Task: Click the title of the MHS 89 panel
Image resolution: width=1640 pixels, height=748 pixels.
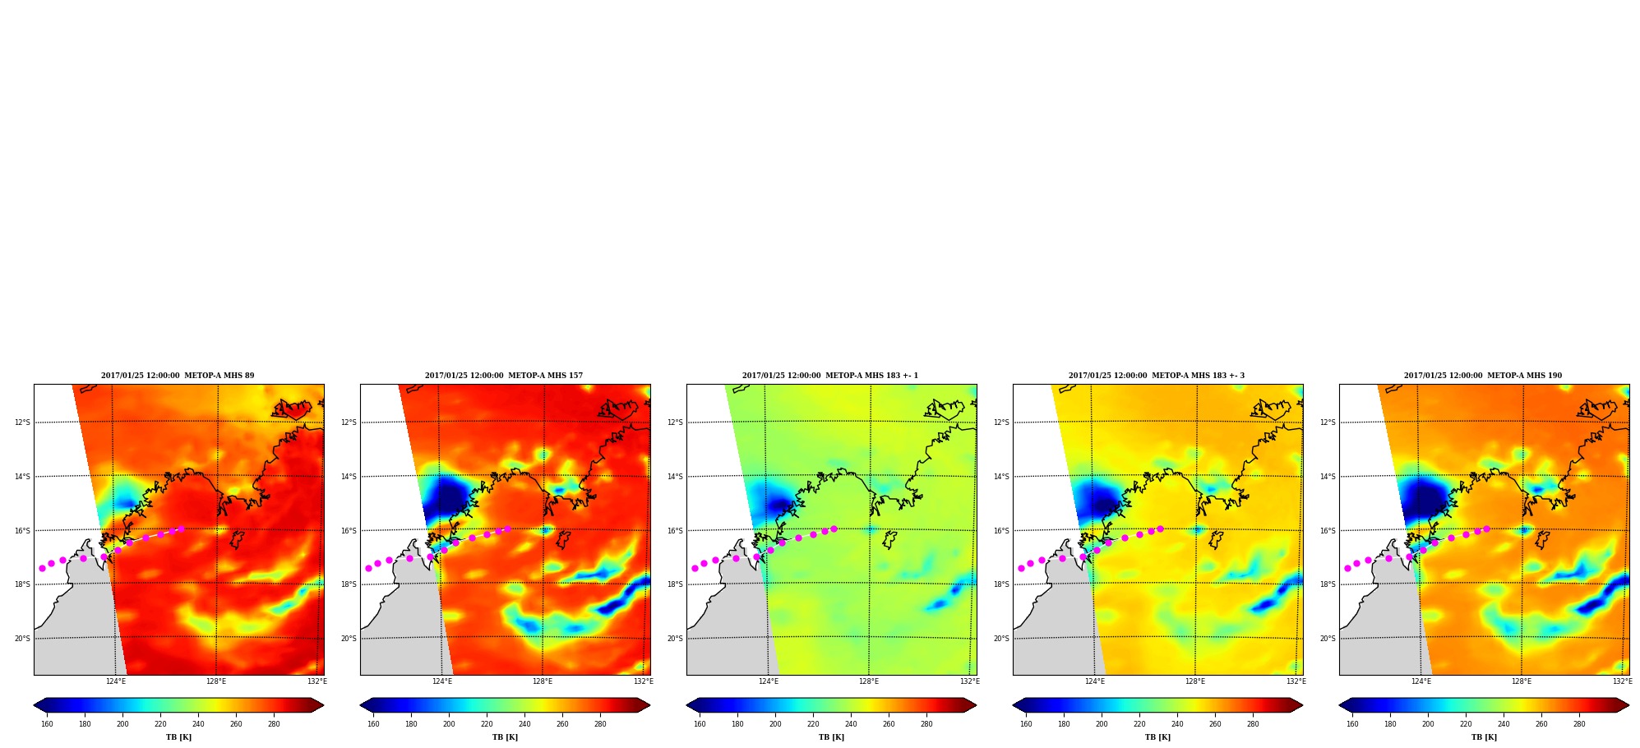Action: [x=178, y=376]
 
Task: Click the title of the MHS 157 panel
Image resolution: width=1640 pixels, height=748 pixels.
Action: [x=504, y=376]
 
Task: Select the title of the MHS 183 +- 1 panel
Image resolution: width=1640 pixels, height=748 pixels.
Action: [x=830, y=376]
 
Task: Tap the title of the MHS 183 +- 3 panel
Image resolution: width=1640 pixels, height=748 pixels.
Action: [x=1157, y=376]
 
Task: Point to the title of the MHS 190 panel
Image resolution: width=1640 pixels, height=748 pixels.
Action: [x=1483, y=376]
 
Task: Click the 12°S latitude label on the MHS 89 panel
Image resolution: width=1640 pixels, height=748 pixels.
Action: [x=22, y=422]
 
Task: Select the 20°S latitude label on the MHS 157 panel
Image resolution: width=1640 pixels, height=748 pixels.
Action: [x=349, y=639]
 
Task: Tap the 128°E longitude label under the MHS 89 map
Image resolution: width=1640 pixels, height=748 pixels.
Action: [x=216, y=681]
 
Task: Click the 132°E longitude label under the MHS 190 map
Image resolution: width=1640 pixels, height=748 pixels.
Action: [x=1622, y=681]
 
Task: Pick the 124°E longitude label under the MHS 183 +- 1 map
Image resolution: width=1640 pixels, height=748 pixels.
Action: [x=769, y=681]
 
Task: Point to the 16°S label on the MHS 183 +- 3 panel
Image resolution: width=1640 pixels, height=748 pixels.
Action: [x=1001, y=531]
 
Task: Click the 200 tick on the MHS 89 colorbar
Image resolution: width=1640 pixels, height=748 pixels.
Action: [x=122, y=724]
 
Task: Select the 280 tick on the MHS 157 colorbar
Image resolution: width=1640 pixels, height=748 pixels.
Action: [x=600, y=724]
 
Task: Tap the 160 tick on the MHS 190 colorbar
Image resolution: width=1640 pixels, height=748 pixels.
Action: [x=1352, y=724]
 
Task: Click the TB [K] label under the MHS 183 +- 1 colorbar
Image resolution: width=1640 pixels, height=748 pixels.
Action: [x=831, y=737]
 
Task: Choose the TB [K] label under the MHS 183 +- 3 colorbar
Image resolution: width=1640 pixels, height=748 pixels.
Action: [x=1157, y=737]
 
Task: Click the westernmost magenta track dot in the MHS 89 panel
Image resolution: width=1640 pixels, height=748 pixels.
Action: [x=42, y=568]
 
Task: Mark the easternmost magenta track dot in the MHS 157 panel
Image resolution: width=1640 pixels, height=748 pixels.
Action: [x=507, y=529]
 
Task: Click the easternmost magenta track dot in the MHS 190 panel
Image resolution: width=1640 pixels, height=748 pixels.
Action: [x=1486, y=529]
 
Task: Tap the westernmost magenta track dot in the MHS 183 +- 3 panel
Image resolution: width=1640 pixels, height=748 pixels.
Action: [x=1021, y=568]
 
